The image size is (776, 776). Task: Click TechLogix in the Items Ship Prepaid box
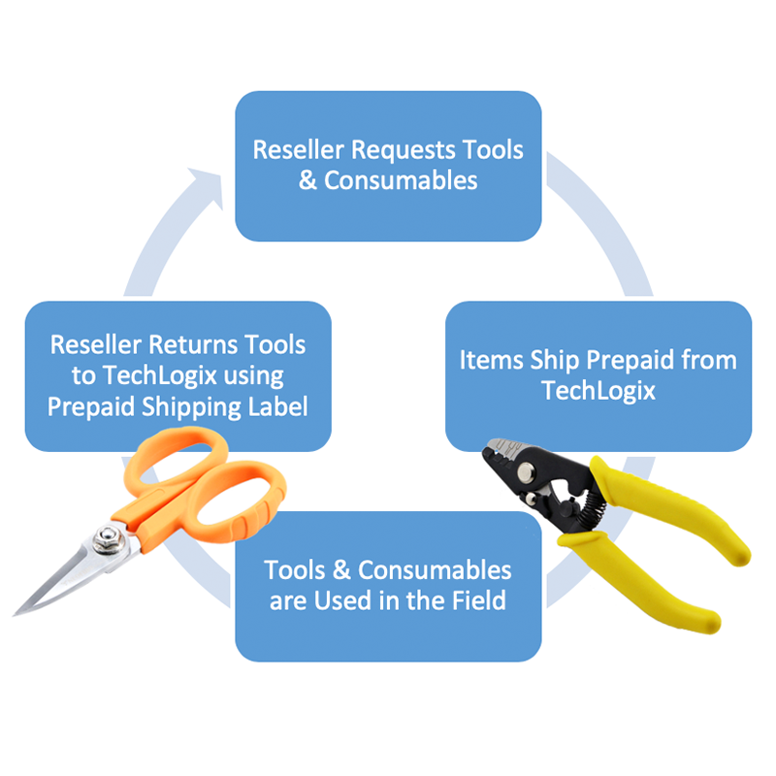click(x=598, y=391)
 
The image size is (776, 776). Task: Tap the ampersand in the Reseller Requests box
click(x=308, y=180)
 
